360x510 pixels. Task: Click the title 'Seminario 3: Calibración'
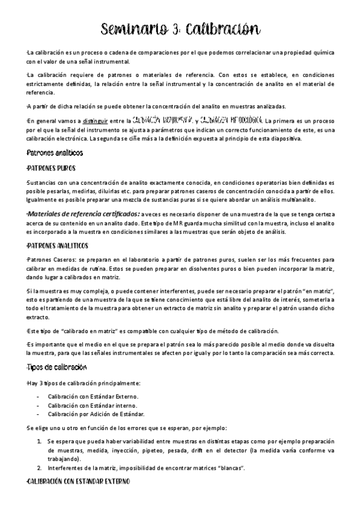(x=180, y=29)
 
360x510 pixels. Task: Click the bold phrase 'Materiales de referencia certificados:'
(x=85, y=214)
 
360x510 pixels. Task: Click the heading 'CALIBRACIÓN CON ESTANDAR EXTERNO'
(x=76, y=483)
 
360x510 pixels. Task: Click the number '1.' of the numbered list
(x=39, y=441)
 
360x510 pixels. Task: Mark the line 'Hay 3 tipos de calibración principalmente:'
(x=84, y=384)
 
